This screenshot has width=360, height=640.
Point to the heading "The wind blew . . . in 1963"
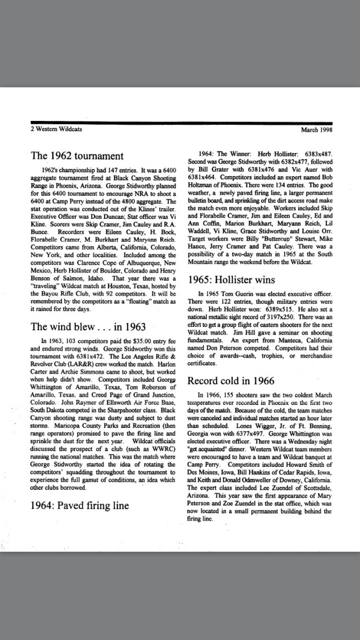coord(88,326)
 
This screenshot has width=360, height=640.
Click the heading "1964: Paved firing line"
coord(79,505)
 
